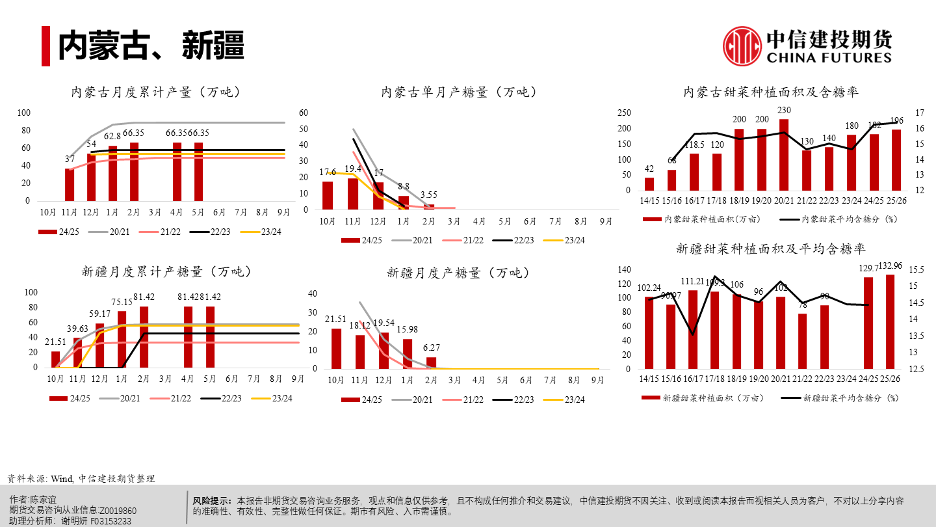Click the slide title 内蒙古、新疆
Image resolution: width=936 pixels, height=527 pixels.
(151, 45)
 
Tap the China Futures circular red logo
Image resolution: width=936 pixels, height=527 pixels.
(742, 46)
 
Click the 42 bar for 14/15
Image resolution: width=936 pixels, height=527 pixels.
(649, 184)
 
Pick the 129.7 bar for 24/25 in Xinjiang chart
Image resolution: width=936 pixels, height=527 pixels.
(868, 323)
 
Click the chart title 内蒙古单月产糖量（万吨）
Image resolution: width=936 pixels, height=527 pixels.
(460, 92)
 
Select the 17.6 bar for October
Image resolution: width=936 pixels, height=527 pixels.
(328, 195)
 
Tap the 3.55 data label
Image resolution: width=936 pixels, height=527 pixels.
(428, 194)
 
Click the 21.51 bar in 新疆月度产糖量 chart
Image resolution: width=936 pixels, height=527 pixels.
(336, 348)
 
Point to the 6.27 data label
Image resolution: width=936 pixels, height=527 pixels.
(432, 347)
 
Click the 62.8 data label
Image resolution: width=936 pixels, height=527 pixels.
(112, 136)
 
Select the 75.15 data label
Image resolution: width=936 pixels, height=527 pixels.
(122, 302)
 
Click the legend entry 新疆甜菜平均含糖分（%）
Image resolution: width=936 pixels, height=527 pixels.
(841, 397)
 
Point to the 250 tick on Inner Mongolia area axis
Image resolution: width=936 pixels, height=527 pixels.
(624, 113)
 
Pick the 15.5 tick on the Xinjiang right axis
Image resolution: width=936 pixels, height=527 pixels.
(918, 269)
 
